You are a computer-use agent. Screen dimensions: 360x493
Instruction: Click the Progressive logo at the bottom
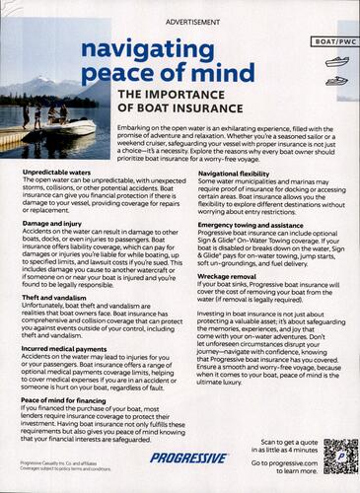click(185, 458)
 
